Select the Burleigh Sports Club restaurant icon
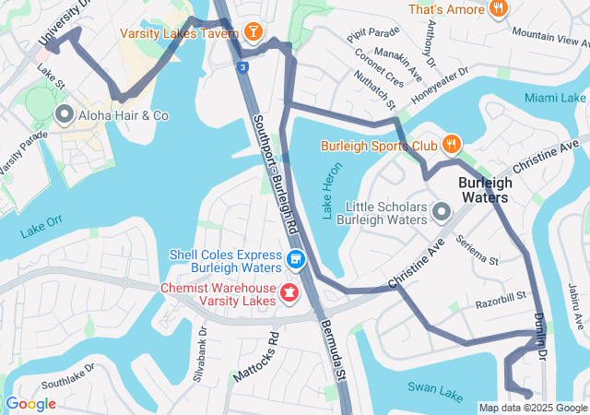(450, 144)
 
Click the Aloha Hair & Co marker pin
(65, 115)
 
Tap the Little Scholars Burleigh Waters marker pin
(441, 214)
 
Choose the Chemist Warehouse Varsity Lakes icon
(289, 293)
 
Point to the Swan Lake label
(438, 393)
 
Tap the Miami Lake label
(555, 98)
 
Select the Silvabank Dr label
(202, 350)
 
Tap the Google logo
(31, 404)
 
